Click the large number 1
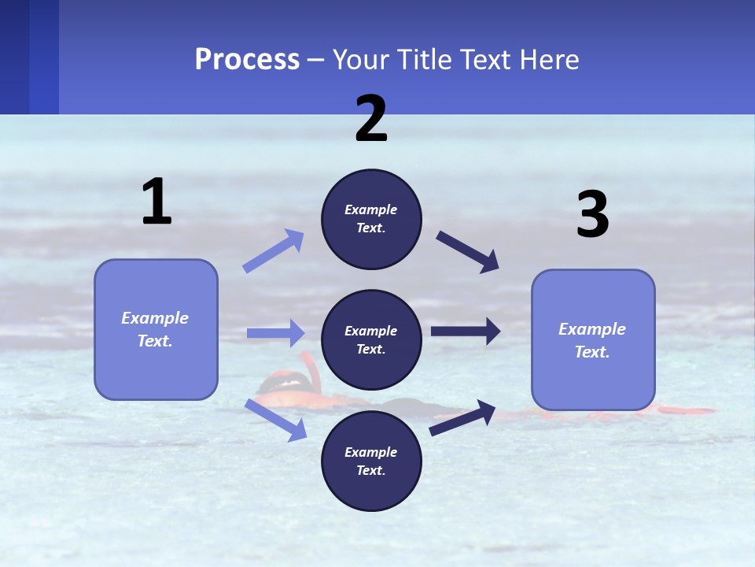tap(157, 202)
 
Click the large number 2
tap(371, 119)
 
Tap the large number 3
tap(592, 215)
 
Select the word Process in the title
tap(247, 59)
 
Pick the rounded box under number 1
tap(156, 329)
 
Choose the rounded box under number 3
tap(593, 340)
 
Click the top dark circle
tap(371, 219)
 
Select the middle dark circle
tap(371, 340)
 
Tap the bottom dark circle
tap(371, 461)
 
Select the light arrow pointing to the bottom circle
tap(275, 420)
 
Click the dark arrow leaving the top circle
tap(468, 252)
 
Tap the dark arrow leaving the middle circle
tap(466, 332)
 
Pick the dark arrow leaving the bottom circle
tap(462, 417)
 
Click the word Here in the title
tap(551, 59)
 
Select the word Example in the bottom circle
tap(370, 452)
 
